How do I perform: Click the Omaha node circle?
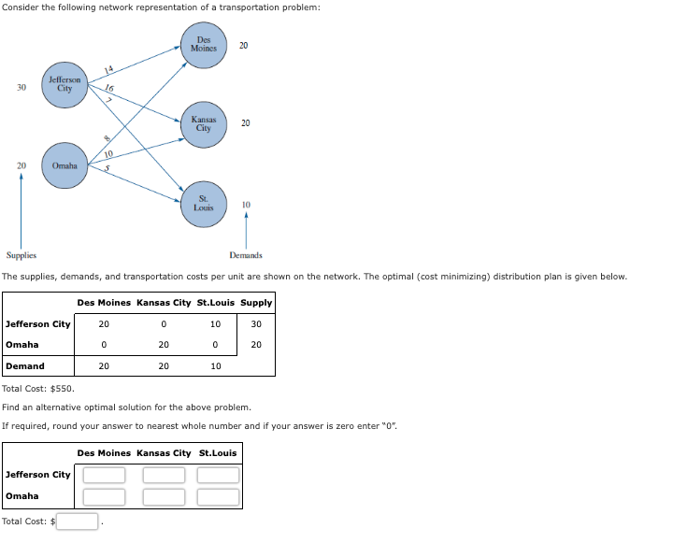64,165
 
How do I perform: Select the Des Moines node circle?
203,46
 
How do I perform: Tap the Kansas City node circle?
203,123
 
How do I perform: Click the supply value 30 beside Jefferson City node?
21,87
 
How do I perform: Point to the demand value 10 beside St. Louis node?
246,204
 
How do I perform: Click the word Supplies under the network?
21,255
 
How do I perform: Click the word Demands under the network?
246,255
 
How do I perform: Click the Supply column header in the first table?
256,302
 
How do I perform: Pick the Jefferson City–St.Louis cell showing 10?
216,324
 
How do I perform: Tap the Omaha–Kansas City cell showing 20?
164,345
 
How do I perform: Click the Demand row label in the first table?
25,366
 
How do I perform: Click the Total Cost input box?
78,521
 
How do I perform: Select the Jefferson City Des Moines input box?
104,475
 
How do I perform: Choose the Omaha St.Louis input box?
217,496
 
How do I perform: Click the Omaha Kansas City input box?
164,496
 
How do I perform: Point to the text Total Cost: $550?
38,388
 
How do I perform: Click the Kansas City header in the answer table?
164,453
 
